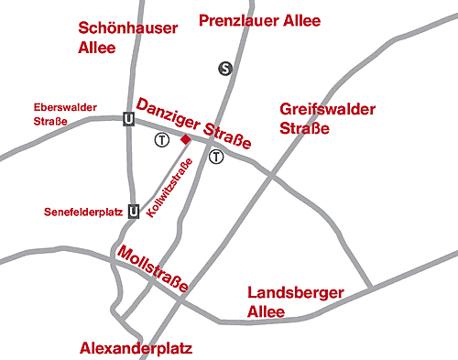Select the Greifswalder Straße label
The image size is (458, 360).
(x=328, y=118)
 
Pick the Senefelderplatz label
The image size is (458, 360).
(x=82, y=213)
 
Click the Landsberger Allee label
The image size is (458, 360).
(x=296, y=301)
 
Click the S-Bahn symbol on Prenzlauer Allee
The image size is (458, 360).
(x=225, y=67)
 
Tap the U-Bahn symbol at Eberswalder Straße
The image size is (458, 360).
(x=128, y=119)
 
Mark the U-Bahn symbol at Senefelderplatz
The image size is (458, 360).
(x=134, y=212)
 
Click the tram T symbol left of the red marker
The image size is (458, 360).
(x=161, y=140)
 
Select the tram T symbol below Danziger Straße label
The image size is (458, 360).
(x=216, y=156)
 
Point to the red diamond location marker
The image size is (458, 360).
(x=185, y=139)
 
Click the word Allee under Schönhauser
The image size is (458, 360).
(x=99, y=47)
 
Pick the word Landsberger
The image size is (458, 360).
(x=296, y=293)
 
